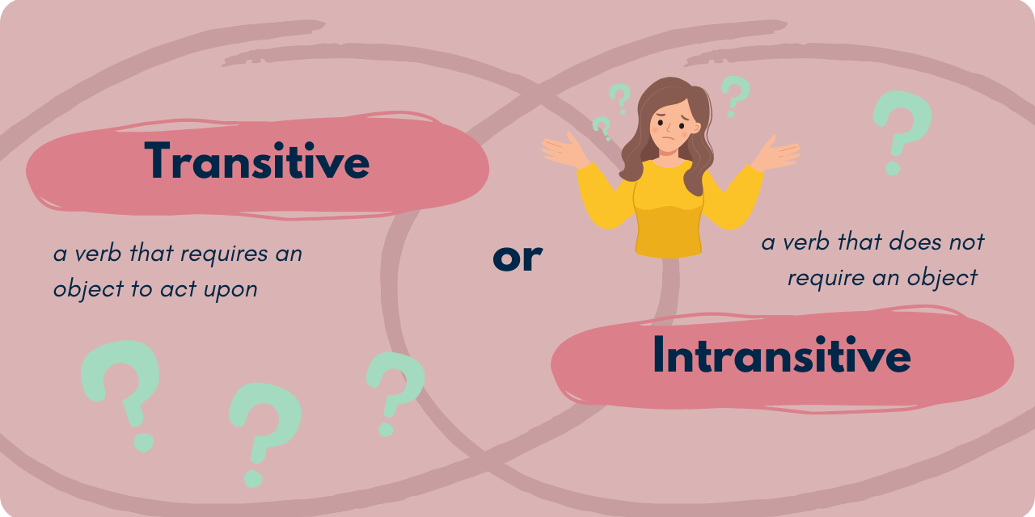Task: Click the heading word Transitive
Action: [x=258, y=162]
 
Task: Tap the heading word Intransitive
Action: [x=781, y=356]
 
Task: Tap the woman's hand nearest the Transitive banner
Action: [x=566, y=150]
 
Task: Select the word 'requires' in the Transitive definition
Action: [x=223, y=254]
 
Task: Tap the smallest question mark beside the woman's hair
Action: [x=602, y=128]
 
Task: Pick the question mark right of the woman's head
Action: [x=734, y=95]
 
